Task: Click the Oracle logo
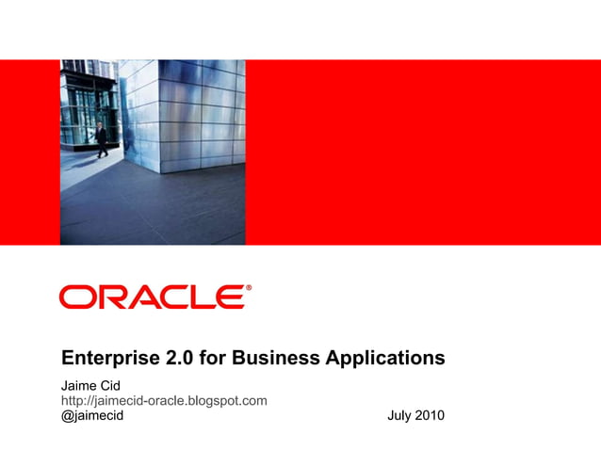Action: tap(154, 297)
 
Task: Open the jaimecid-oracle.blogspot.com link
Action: tap(164, 400)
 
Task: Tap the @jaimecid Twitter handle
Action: tap(92, 415)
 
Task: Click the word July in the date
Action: tap(400, 415)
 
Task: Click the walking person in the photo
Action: tap(101, 137)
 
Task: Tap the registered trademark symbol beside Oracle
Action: tap(249, 288)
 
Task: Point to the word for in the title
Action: tap(214, 359)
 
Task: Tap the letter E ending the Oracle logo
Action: tap(232, 297)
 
